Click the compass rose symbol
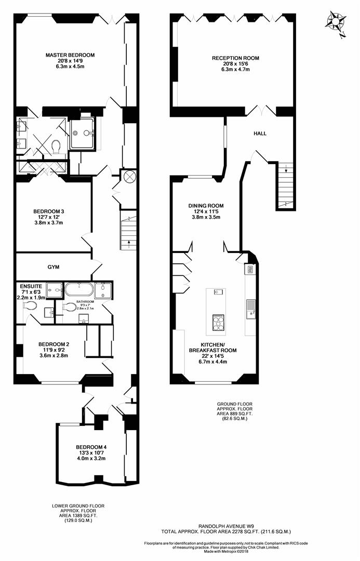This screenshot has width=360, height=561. [x=336, y=23]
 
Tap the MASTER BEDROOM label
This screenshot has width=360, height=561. [x=70, y=55]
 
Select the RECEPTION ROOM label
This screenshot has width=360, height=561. [x=235, y=58]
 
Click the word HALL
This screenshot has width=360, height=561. [x=260, y=133]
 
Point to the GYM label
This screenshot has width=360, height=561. [x=54, y=267]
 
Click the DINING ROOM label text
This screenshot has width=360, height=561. [x=206, y=206]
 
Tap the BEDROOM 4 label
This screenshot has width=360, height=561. [x=91, y=447]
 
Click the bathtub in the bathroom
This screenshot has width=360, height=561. [x=79, y=289]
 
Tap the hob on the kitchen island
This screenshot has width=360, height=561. [x=218, y=323]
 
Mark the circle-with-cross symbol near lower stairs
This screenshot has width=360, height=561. [x=128, y=177]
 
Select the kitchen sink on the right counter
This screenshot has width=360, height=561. [x=250, y=309]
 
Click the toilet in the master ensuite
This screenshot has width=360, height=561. [x=56, y=146]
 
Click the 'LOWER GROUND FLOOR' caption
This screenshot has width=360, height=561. [x=78, y=506]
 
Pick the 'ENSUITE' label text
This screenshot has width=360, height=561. [x=31, y=286]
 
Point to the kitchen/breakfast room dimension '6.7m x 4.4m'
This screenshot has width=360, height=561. [x=212, y=362]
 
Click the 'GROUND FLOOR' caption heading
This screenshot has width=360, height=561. [x=234, y=404]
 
